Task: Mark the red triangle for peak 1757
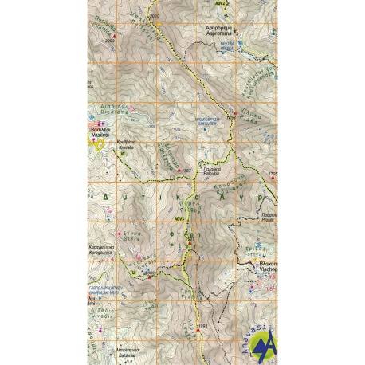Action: [x=179, y=170]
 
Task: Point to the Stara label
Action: [x=129, y=236]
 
